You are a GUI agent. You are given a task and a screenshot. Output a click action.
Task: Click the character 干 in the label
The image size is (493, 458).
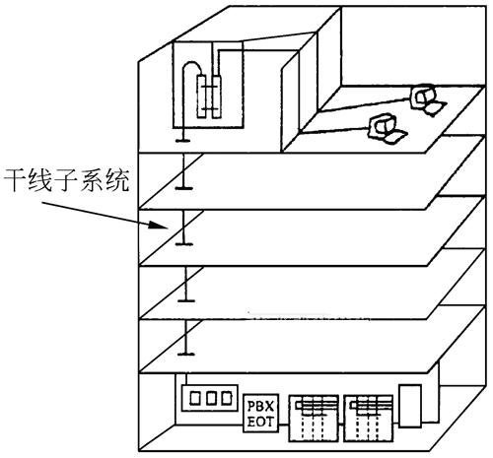coord(15,180)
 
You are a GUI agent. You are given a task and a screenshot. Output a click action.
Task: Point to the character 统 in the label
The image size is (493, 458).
coord(117,180)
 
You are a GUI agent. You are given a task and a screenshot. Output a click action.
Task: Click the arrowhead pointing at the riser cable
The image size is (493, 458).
coord(158,225)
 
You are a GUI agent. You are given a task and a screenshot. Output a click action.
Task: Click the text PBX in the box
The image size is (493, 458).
coord(260,407)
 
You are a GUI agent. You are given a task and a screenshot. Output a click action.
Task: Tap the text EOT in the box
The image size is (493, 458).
coord(260,422)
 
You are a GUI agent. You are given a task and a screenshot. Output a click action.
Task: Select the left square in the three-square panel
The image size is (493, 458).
coord(195,398)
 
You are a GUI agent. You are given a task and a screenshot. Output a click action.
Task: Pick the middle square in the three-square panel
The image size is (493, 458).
coord(211,398)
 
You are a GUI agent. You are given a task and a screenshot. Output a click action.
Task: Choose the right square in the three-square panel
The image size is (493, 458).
coord(226,398)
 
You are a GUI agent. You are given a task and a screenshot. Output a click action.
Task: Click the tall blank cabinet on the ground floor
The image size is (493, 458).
coord(410,406)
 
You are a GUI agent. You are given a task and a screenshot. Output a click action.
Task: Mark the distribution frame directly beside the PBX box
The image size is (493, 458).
coord(314,419)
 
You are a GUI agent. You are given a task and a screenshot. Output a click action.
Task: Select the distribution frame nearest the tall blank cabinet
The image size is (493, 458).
coord(369,419)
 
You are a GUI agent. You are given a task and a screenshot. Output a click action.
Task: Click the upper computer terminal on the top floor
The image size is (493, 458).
coord(427,99)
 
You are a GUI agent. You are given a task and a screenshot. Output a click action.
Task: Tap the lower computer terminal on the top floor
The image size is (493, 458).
coord(387,128)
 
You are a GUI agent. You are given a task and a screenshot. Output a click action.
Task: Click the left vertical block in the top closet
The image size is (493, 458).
coord(201,97)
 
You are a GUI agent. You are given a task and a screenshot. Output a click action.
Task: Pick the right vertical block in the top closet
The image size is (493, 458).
coord(217,97)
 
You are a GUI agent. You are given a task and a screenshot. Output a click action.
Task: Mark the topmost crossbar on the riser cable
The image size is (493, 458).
coord(182,141)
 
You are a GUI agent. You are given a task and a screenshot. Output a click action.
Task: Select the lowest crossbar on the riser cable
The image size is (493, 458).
coord(186,354)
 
